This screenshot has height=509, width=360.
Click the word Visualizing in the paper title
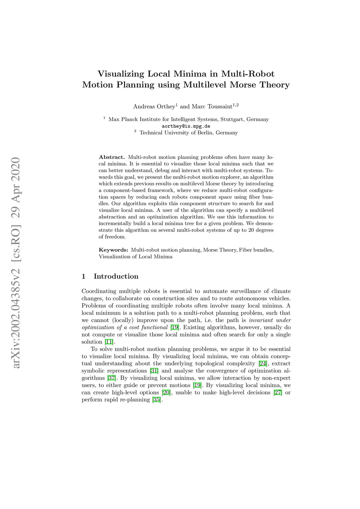tap(121, 74)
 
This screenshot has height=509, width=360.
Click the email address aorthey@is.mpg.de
tap(186, 126)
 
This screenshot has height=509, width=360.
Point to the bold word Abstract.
tap(112, 157)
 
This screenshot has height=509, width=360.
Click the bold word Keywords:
tap(114, 250)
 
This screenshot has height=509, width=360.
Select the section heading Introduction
tap(116, 276)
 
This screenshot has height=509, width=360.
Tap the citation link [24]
tap(263, 363)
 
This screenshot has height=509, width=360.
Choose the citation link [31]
tap(154, 371)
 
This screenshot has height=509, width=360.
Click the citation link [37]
tap(111, 378)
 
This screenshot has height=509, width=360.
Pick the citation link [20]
tap(166, 392)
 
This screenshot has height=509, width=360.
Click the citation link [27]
tap(278, 392)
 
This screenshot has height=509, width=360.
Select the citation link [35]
tap(156, 400)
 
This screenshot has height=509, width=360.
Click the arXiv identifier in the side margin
tap(16, 263)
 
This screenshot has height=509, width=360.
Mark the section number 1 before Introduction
tap(84, 276)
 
